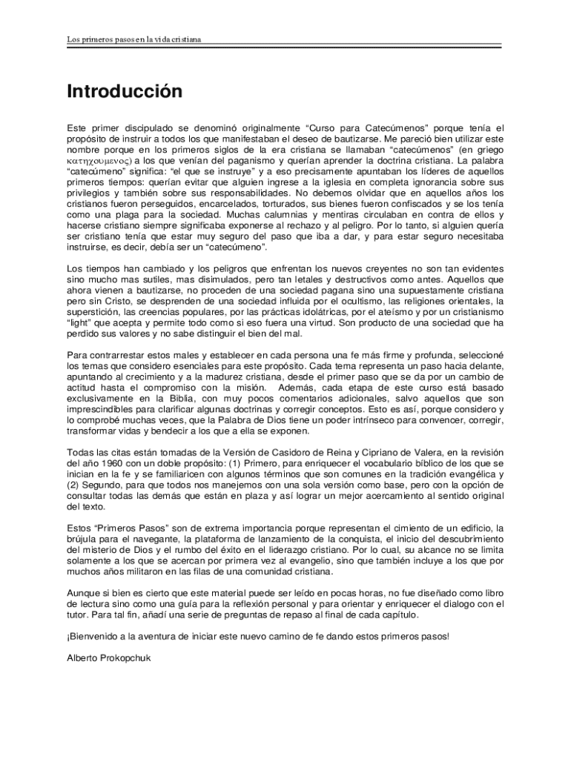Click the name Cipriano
click(x=362, y=452)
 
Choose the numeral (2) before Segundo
click(x=73, y=485)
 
